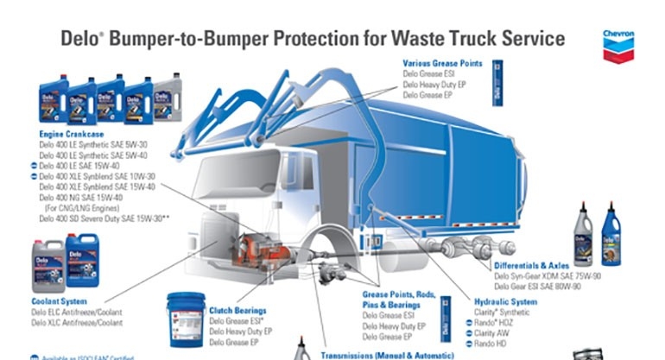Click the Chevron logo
[x=618, y=47]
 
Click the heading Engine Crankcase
[x=73, y=135]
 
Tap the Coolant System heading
[x=58, y=301]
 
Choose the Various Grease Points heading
[x=443, y=63]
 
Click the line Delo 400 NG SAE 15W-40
[x=82, y=198]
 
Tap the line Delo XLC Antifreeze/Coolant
[x=77, y=322]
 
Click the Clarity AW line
[x=492, y=332]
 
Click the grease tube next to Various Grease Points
[x=497, y=82]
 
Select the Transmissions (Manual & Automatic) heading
[x=387, y=354]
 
